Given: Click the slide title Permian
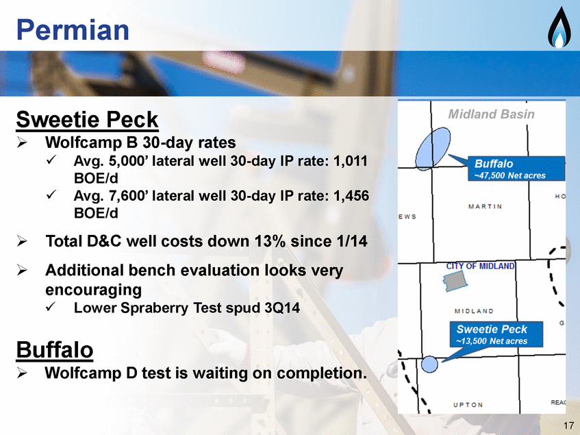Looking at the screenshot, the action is [x=73, y=30].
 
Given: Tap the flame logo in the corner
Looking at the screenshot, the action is [x=559, y=28].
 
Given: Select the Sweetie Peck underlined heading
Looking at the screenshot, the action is [x=87, y=120].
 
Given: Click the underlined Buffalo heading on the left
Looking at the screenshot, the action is [x=54, y=349].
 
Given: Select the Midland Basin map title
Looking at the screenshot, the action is [x=491, y=114].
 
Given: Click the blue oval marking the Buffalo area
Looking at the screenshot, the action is [x=433, y=149].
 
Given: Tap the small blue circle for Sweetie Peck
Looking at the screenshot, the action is [x=429, y=364].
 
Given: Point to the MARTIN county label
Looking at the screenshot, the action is [x=485, y=206].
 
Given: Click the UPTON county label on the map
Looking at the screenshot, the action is [x=468, y=405].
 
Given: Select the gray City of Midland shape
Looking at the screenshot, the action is [x=455, y=281].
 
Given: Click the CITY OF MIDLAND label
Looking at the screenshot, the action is [x=480, y=266].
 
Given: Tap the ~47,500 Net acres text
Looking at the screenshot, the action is [x=510, y=175].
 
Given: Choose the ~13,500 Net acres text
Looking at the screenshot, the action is [x=492, y=341].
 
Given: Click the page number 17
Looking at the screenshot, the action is [x=568, y=425].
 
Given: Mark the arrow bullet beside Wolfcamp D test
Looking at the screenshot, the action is [x=22, y=373].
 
